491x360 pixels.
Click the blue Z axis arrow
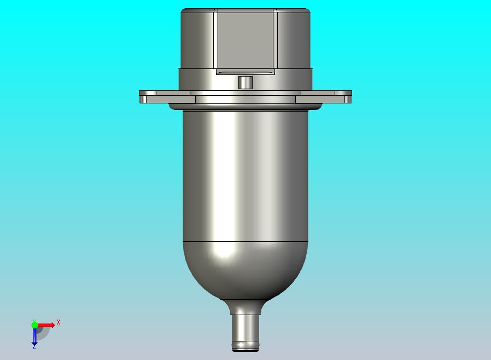point(34,337)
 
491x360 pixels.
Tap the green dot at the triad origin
point(34,325)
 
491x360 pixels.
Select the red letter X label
point(59,322)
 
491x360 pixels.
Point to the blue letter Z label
point(34,347)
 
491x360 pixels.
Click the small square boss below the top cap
point(245,83)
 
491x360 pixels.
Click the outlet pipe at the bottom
point(245,333)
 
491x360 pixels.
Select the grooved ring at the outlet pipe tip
point(245,346)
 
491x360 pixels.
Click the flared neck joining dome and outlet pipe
point(245,307)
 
